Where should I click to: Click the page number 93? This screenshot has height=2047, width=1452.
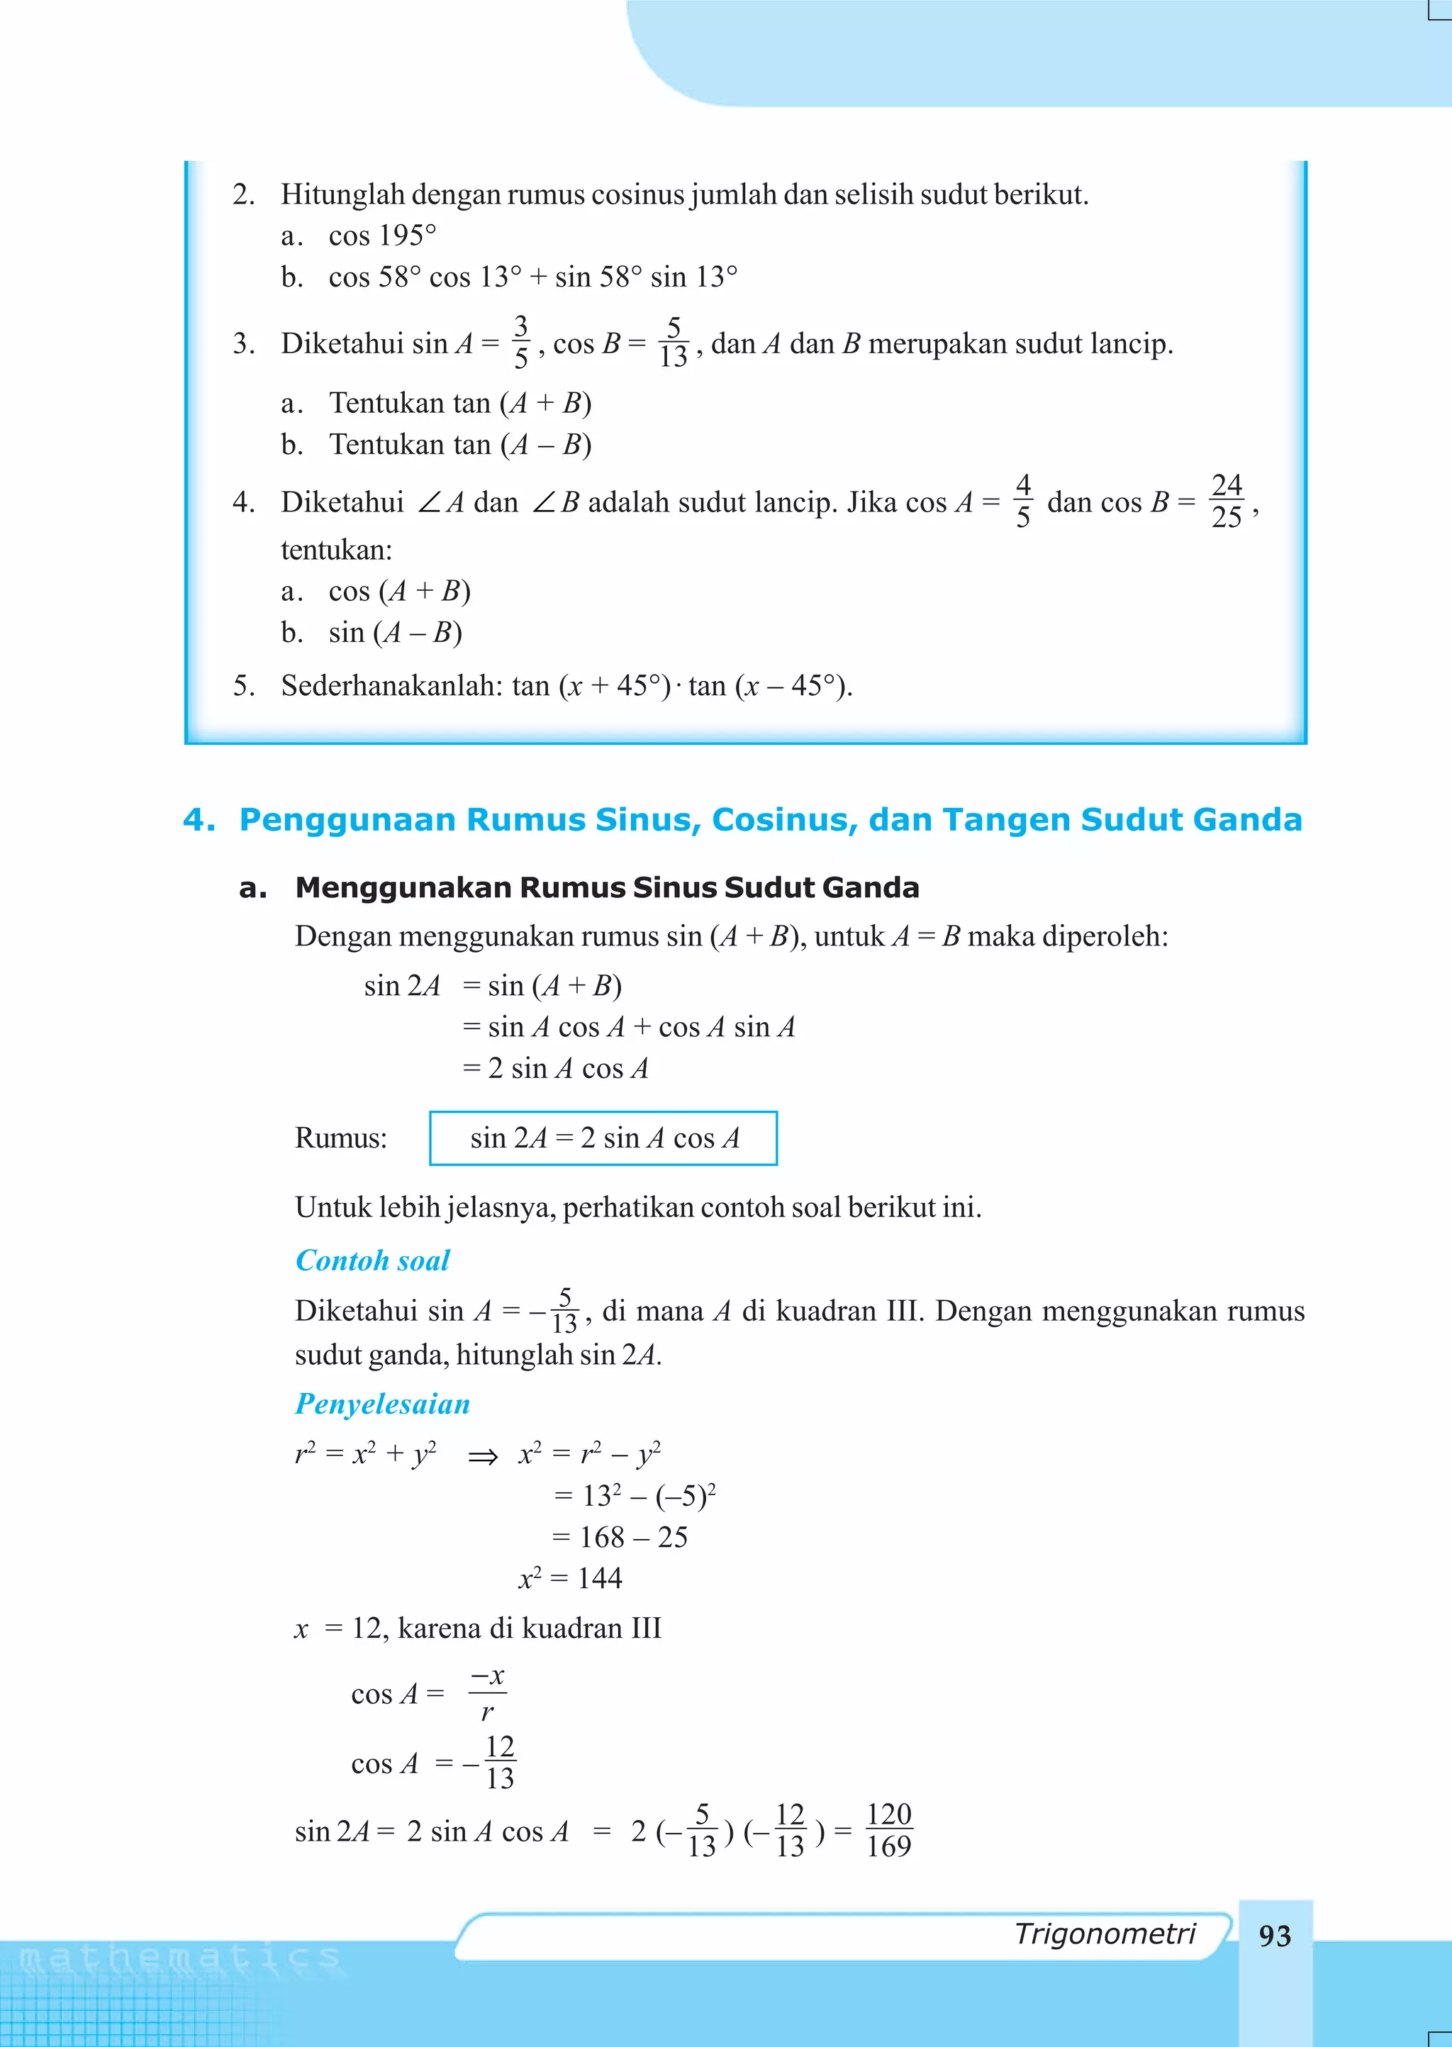click(x=1274, y=1936)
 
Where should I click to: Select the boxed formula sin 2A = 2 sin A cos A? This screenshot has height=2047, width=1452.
click(x=603, y=1138)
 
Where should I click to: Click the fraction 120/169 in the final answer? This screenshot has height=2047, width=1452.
click(x=889, y=1830)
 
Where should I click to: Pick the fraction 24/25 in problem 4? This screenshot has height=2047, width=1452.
click(x=1227, y=501)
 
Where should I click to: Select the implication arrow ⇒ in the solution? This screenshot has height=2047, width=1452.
click(x=483, y=1458)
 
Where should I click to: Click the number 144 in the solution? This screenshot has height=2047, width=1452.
click(x=599, y=1578)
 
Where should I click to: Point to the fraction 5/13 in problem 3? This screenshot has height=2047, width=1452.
click(x=674, y=343)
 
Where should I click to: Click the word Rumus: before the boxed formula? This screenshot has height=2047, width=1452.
click(x=340, y=1138)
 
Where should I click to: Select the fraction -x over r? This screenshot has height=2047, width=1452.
click(x=487, y=1693)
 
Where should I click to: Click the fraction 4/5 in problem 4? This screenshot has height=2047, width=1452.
click(x=1023, y=501)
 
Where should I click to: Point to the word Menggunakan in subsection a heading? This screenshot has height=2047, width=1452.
click(x=403, y=888)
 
